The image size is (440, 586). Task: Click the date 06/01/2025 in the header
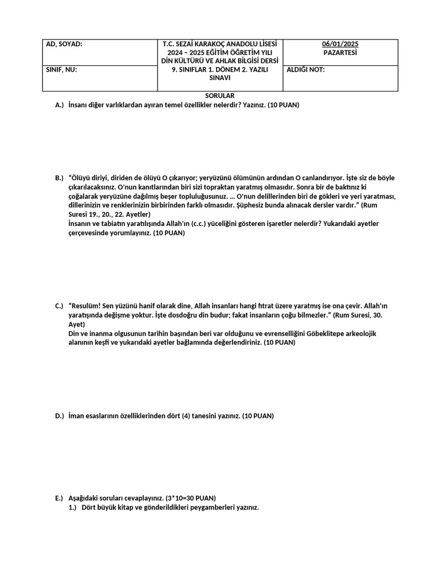point(340,44)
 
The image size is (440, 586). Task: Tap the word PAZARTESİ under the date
point(340,52)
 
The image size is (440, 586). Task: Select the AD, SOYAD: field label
point(64,44)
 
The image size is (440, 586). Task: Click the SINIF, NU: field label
point(61,70)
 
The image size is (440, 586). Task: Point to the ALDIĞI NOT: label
point(305,70)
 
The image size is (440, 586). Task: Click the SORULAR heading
point(220,96)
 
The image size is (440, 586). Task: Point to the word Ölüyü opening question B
point(81,178)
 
